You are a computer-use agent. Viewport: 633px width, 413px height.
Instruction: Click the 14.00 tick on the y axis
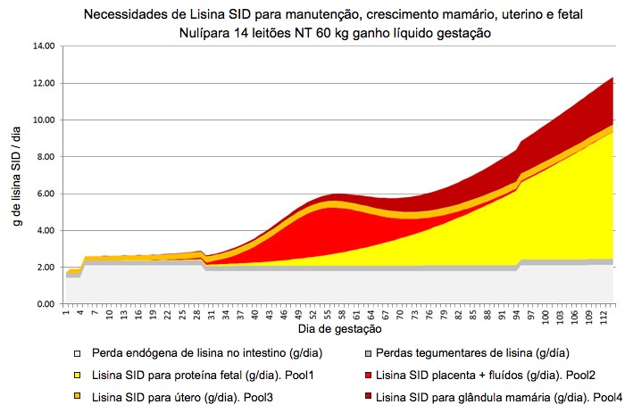(43, 45)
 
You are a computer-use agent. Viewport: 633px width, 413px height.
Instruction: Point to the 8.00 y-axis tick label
(45, 156)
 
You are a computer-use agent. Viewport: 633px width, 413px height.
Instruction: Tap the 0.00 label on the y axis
(45, 304)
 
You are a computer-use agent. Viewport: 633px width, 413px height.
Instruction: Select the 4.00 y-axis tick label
(45, 230)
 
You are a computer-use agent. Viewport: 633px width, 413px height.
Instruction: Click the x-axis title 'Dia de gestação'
(335, 330)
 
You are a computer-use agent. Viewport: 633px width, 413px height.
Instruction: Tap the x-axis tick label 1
(66, 313)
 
